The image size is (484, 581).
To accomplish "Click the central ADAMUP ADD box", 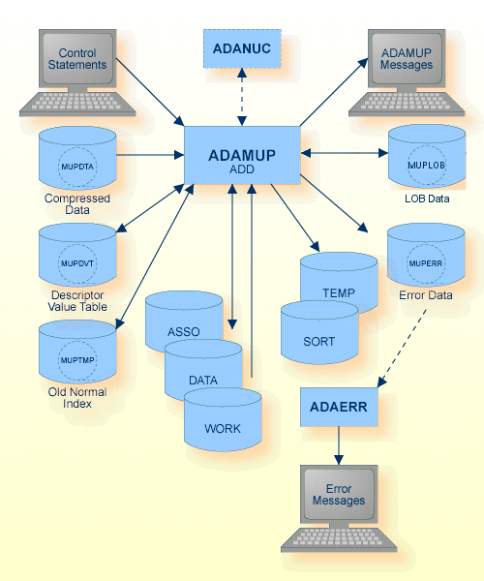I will click(241, 155).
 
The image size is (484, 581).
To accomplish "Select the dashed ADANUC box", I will click(241, 46).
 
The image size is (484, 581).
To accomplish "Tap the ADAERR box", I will click(338, 405).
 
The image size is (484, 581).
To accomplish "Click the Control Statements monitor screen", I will click(77, 59).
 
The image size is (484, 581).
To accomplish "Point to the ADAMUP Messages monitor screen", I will click(407, 59).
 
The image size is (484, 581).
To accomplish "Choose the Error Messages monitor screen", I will click(339, 494).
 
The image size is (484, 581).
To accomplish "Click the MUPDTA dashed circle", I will click(77, 164).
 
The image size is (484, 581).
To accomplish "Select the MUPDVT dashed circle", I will click(77, 261).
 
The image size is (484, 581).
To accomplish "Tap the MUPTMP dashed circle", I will click(77, 358).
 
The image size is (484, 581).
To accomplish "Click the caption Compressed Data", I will click(77, 205).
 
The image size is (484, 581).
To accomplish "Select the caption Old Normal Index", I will click(77, 398).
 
